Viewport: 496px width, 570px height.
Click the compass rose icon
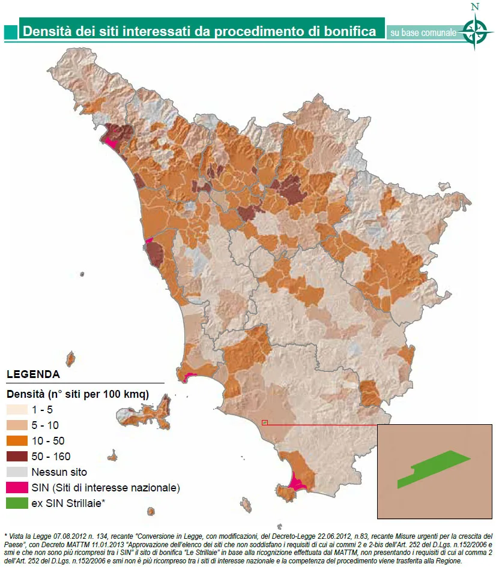[x=475, y=31]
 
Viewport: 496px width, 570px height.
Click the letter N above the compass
[x=475, y=7]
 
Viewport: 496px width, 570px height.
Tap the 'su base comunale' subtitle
[x=423, y=32]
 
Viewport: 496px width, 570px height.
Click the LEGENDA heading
[x=33, y=374]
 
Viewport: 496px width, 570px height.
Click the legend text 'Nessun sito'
[x=59, y=472]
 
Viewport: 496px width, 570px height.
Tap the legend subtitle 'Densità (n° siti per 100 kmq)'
[x=77, y=394]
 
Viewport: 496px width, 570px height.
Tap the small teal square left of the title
[x=10, y=31]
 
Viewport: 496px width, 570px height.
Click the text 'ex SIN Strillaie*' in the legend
[x=68, y=503]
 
